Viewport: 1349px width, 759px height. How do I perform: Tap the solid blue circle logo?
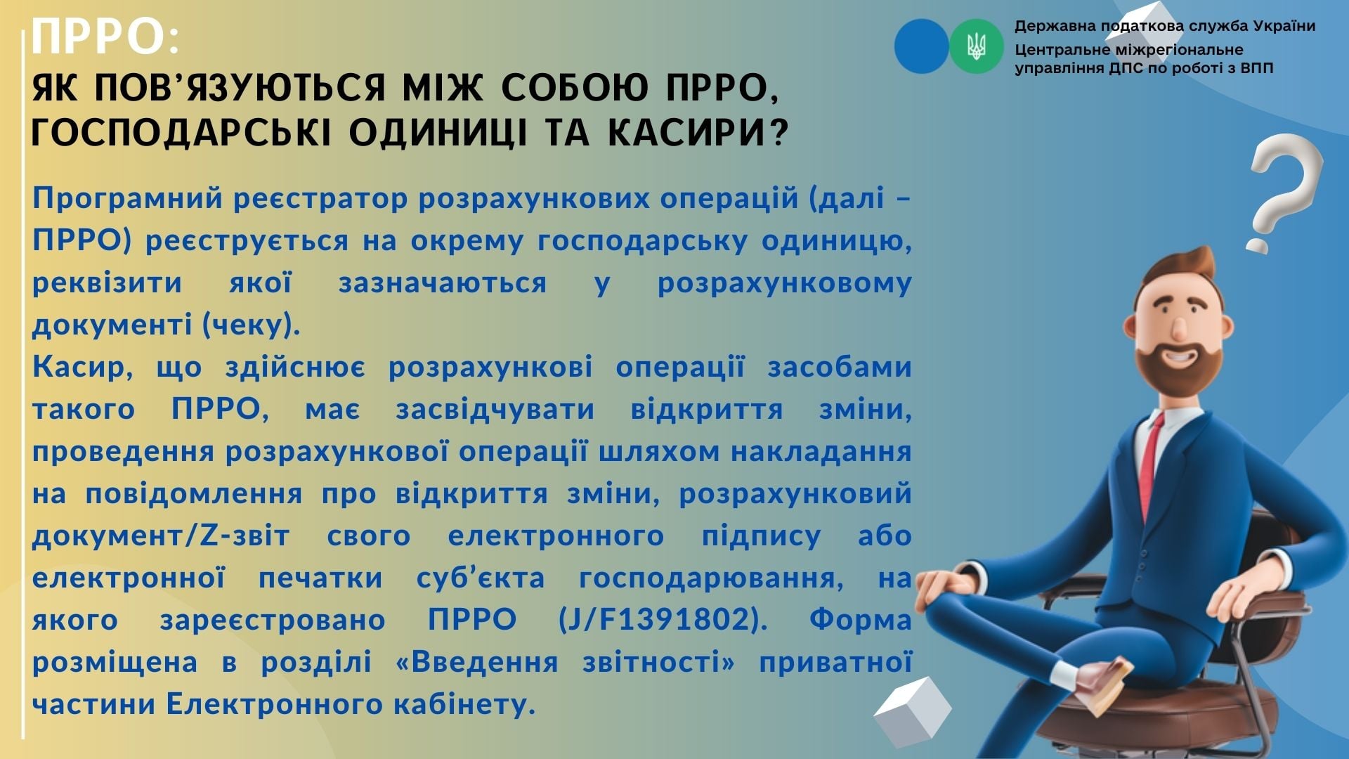(921, 46)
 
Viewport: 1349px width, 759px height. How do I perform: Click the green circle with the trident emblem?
(977, 46)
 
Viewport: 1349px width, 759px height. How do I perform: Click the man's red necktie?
(1149, 467)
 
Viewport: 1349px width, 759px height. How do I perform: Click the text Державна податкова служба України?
(1165, 27)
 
